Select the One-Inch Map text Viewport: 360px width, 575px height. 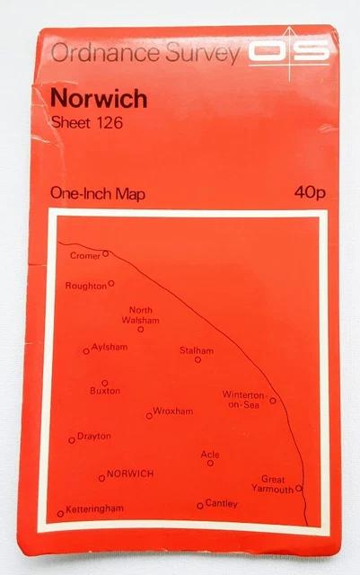click(x=98, y=193)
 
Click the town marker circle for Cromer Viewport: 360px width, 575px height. click(x=105, y=253)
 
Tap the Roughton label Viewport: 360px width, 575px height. click(x=85, y=286)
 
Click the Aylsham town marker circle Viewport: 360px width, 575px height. click(x=86, y=351)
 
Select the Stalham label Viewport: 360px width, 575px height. click(x=197, y=349)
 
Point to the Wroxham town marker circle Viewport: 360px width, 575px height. click(x=149, y=415)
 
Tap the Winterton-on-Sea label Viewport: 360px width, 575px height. click(x=244, y=400)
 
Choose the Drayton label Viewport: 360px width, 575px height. click(x=93, y=437)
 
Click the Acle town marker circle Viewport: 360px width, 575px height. click(x=210, y=464)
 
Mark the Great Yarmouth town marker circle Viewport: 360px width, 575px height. click(x=299, y=489)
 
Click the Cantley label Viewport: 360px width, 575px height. click(x=221, y=503)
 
